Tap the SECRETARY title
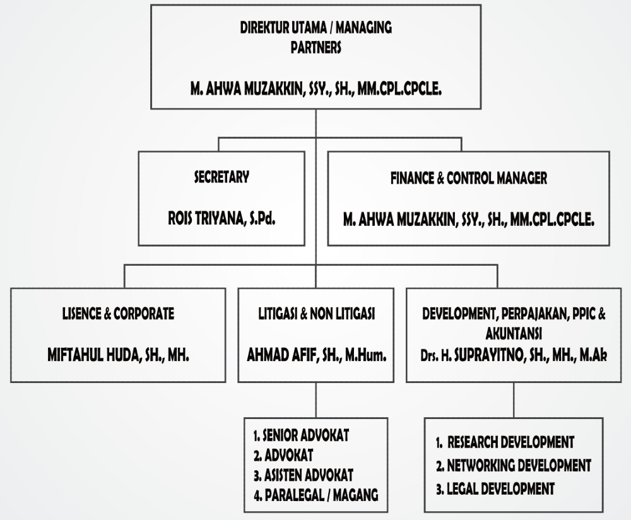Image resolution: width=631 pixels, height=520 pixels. tap(221, 178)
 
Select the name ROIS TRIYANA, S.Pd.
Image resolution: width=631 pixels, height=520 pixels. tap(221, 219)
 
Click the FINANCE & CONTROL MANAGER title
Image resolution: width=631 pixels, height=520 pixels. tap(469, 178)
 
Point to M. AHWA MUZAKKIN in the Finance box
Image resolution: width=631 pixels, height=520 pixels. tap(469, 219)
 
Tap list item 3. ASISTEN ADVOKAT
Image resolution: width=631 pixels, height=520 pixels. tap(303, 475)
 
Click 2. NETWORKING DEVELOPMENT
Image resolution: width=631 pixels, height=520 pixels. tap(513, 466)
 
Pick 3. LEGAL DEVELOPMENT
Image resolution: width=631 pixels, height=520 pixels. tap(495, 488)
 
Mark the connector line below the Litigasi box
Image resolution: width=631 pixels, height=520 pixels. tap(315, 399)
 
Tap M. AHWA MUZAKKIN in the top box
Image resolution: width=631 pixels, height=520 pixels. tap(315, 90)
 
